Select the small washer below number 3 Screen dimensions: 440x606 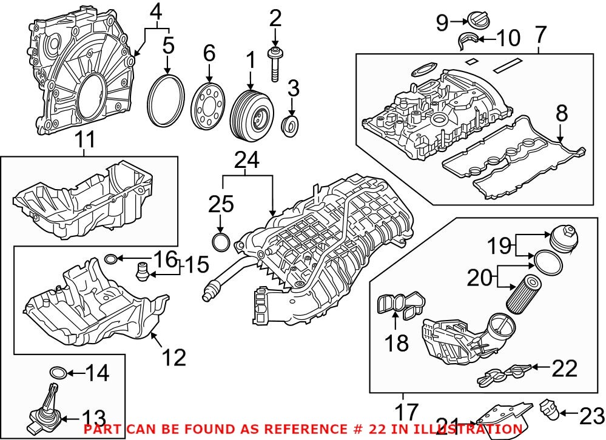[x=292, y=125]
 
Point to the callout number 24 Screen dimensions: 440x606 [x=247, y=160]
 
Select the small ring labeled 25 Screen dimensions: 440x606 [x=221, y=242]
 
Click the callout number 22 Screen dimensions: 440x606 [x=564, y=367]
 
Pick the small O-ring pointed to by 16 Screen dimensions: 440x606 [x=111, y=259]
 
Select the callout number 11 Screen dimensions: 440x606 [x=86, y=141]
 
